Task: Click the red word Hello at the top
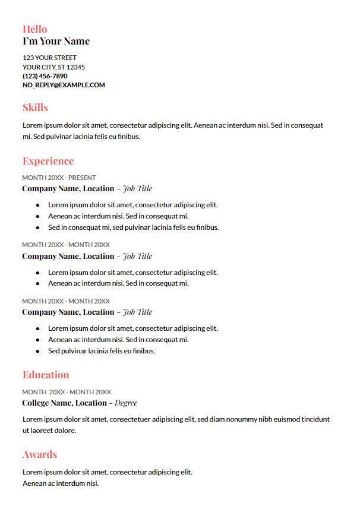coord(34,29)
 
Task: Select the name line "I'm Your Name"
coord(56,41)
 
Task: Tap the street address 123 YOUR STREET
coord(49,58)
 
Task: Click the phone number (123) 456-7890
coord(45,76)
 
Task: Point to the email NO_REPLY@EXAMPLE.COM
coord(64,85)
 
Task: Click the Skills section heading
coord(35,107)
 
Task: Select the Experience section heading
coord(48,161)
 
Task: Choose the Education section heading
coord(46,375)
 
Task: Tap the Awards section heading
coord(40,454)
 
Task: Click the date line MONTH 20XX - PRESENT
coord(59,178)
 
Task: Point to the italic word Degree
coord(126,403)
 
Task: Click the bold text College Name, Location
coord(64,403)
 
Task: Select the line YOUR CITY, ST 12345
coord(53,67)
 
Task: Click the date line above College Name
coord(67,392)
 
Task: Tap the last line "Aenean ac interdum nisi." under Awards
coord(60,483)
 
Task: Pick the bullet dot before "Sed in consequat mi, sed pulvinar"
coord(37,227)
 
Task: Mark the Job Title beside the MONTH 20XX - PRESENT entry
coord(137,189)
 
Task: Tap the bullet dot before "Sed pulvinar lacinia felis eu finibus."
coord(37,351)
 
